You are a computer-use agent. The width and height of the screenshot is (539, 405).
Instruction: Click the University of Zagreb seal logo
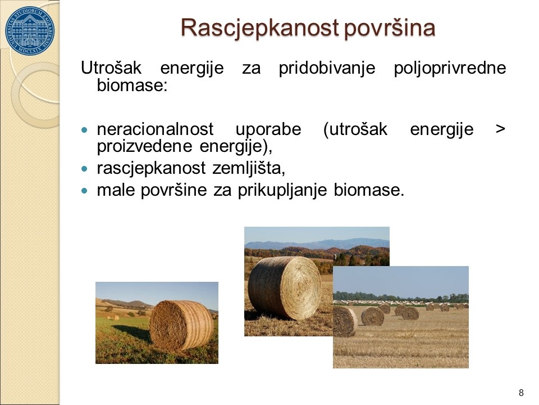pyautogui.click(x=30, y=30)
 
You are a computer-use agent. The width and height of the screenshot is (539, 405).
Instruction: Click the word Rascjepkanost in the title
pyautogui.click(x=259, y=28)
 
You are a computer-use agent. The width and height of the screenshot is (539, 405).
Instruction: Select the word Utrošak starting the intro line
pyautogui.click(x=111, y=68)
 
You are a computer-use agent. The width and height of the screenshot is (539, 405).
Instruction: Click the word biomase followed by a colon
pyautogui.click(x=132, y=85)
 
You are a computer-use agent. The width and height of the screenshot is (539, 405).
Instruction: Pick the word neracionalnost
pyautogui.click(x=155, y=129)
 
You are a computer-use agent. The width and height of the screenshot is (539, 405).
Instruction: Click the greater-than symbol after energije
pyautogui.click(x=500, y=130)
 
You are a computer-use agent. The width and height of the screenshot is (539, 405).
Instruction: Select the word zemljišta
pyautogui.click(x=249, y=168)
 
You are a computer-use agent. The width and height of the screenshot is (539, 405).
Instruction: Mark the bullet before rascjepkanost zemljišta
pyautogui.click(x=85, y=169)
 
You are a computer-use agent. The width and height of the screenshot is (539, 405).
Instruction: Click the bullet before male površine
pyautogui.click(x=85, y=191)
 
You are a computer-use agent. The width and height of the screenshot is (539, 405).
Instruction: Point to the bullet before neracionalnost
pyautogui.click(x=85, y=130)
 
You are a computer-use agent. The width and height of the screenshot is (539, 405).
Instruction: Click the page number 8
pyautogui.click(x=521, y=393)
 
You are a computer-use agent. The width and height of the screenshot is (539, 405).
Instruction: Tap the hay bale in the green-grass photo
pyautogui.click(x=181, y=326)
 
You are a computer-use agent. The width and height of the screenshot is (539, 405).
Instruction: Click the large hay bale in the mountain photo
pyautogui.click(x=285, y=288)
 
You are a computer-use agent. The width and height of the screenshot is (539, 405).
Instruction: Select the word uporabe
pyautogui.click(x=268, y=130)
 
